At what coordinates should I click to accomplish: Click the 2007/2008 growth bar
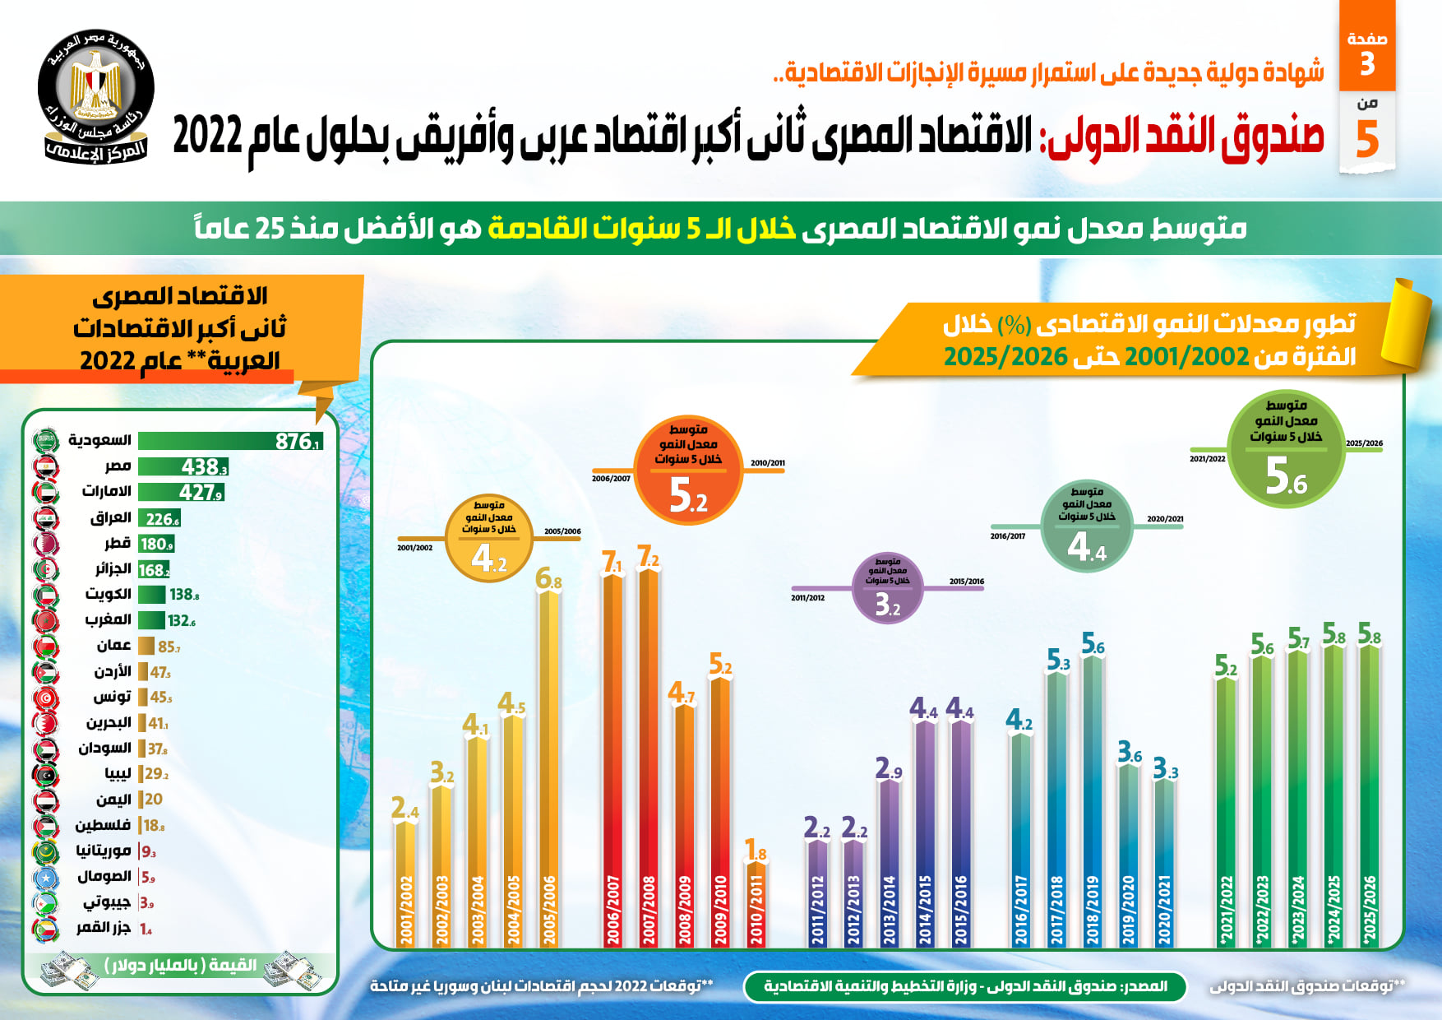pyautogui.click(x=648, y=757)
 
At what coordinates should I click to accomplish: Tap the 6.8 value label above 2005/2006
pyautogui.click(x=548, y=579)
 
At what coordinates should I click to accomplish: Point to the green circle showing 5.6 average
pyautogui.click(x=1286, y=448)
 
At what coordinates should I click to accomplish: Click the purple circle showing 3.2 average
pyautogui.click(x=887, y=587)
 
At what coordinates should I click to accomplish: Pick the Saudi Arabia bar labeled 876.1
pyautogui.click(x=230, y=441)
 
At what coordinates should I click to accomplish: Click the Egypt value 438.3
pyautogui.click(x=204, y=467)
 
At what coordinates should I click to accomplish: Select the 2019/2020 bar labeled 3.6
pyautogui.click(x=1128, y=855)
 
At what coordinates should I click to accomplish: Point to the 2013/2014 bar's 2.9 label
pyautogui.click(x=889, y=768)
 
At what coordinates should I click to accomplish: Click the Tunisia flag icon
pyautogui.click(x=45, y=698)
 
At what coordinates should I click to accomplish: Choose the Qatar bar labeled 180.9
pyautogui.click(x=156, y=544)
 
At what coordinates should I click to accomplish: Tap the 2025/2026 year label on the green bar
pyautogui.click(x=1369, y=909)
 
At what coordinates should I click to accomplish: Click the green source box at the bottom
pyautogui.click(x=965, y=985)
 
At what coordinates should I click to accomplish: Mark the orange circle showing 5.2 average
pyautogui.click(x=688, y=471)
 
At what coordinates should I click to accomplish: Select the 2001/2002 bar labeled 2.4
pyautogui.click(x=406, y=880)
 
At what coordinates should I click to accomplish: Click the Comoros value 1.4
pyautogui.click(x=146, y=929)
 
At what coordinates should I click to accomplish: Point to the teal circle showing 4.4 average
pyautogui.click(x=1087, y=527)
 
